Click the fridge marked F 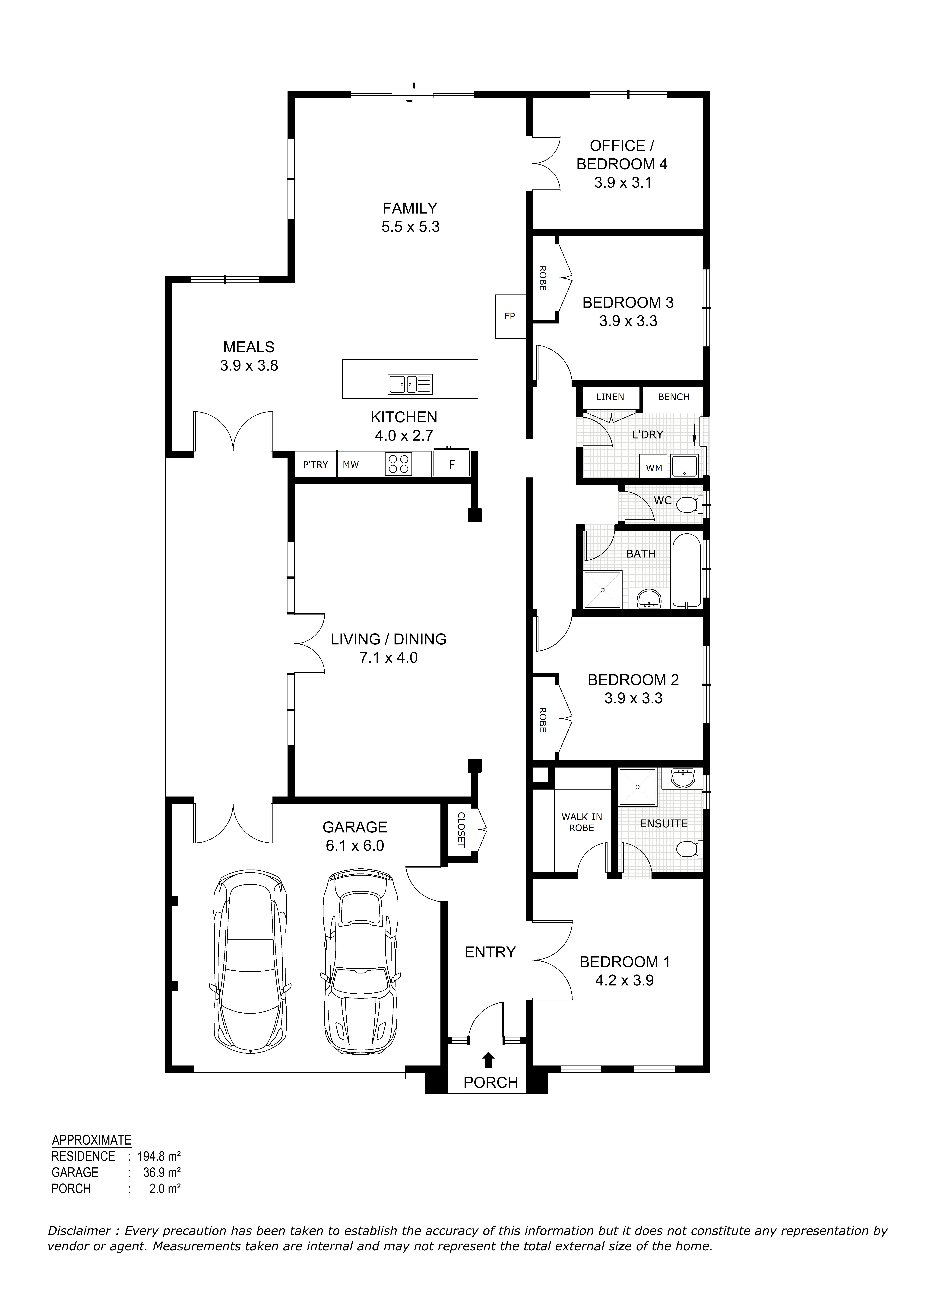tap(452, 464)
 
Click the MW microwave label tap(351, 464)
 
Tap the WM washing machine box tap(654, 467)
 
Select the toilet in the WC tap(690, 504)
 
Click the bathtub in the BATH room tap(687, 569)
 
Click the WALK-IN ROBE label tap(581, 822)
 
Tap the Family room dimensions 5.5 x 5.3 tap(410, 227)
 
